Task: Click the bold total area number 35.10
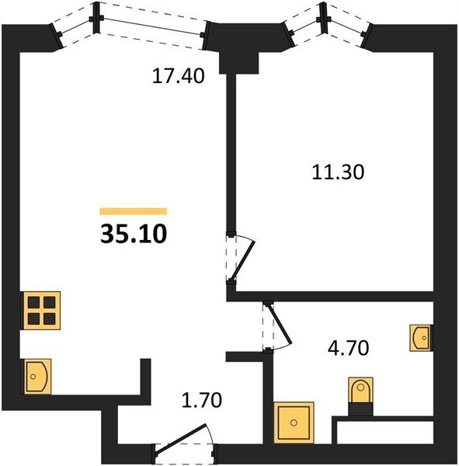pyautogui.click(x=134, y=234)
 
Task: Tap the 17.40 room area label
pyautogui.click(x=179, y=76)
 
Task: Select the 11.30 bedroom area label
pyautogui.click(x=338, y=172)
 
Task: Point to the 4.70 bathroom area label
pyautogui.click(x=349, y=348)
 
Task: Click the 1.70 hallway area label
pyautogui.click(x=202, y=400)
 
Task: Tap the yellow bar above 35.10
pyautogui.click(x=134, y=211)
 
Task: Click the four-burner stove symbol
pyautogui.click(x=42, y=311)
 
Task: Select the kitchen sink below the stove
pyautogui.click(x=37, y=377)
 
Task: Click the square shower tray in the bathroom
pyautogui.click(x=294, y=423)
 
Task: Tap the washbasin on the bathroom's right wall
pyautogui.click(x=420, y=338)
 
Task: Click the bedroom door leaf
pyautogui.click(x=243, y=261)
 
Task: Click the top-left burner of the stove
pyautogui.click(x=34, y=303)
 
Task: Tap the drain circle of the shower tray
pyautogui.click(x=294, y=423)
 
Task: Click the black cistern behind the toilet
pyautogui.click(x=360, y=409)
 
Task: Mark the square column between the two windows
pyautogui.click(x=239, y=64)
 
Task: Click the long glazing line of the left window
pyautogui.click(x=152, y=26)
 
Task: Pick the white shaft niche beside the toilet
pyautogui.click(x=385, y=433)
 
